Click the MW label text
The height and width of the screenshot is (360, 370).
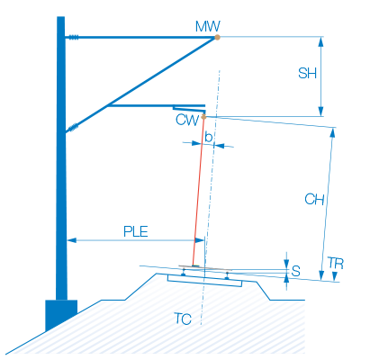point(208,26)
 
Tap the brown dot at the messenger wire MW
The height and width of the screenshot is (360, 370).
point(217,37)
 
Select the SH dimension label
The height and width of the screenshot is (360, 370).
point(307,73)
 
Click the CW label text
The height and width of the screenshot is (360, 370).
point(187,120)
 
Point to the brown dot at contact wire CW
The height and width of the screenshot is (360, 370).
point(203,117)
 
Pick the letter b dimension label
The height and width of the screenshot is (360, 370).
point(208,137)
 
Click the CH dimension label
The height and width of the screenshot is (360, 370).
point(314,199)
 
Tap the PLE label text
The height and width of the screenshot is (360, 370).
point(136,231)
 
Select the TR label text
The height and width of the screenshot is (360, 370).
point(335,264)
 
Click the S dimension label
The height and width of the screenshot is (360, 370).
point(295,271)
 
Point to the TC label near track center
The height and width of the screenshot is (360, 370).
point(183,319)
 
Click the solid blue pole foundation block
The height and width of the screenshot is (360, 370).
point(61,313)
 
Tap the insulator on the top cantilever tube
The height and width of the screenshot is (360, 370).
point(73,37)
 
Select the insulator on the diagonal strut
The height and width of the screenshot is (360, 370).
point(73,128)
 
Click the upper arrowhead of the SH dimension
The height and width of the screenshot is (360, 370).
point(320,42)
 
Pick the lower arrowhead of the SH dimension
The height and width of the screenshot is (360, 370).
point(320,111)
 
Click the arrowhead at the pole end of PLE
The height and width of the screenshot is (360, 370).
point(72,240)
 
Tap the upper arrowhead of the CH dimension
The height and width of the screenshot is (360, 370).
point(332,133)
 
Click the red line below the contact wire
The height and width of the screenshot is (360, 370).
point(198,192)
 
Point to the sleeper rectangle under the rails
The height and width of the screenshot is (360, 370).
point(204,281)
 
